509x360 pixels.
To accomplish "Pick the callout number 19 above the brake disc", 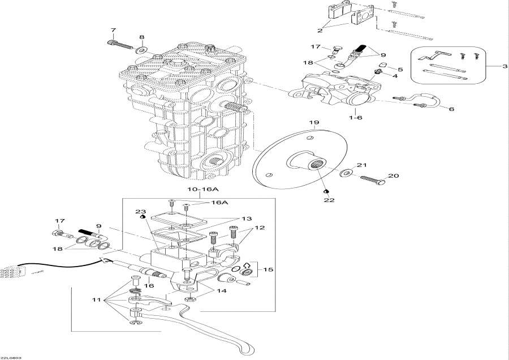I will click(x=314, y=122).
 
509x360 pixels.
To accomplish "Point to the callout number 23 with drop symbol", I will click(x=142, y=211).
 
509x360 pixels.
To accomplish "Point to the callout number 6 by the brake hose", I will click(x=451, y=109).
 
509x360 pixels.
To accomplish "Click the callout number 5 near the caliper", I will click(x=400, y=69).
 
